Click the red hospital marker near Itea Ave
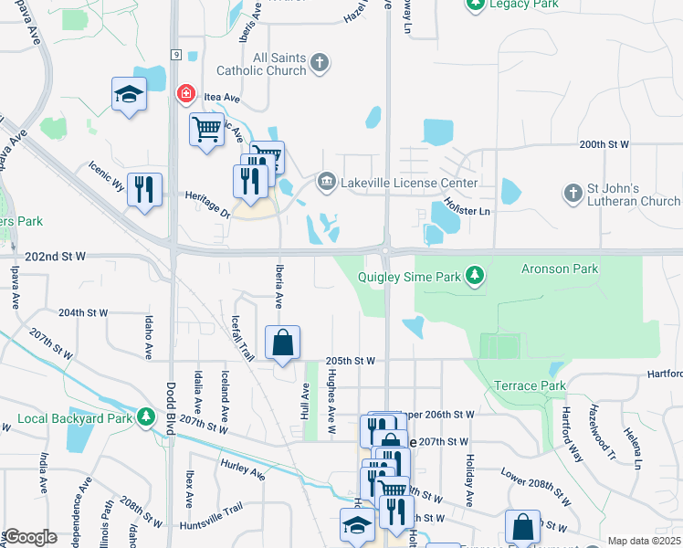tap(184, 93)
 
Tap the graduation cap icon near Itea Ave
tap(129, 93)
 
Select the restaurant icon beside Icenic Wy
tap(144, 189)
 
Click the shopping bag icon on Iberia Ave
tap(283, 343)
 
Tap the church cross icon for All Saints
tap(319, 62)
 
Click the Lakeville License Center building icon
tap(326, 183)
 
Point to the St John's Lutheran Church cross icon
tap(573, 193)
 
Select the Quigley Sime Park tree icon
tap(474, 274)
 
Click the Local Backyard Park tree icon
tap(145, 417)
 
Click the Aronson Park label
tap(559, 269)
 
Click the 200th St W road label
tap(604, 144)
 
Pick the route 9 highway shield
tap(173, 56)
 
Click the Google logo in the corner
tap(30, 537)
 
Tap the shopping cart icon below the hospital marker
tap(206, 129)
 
